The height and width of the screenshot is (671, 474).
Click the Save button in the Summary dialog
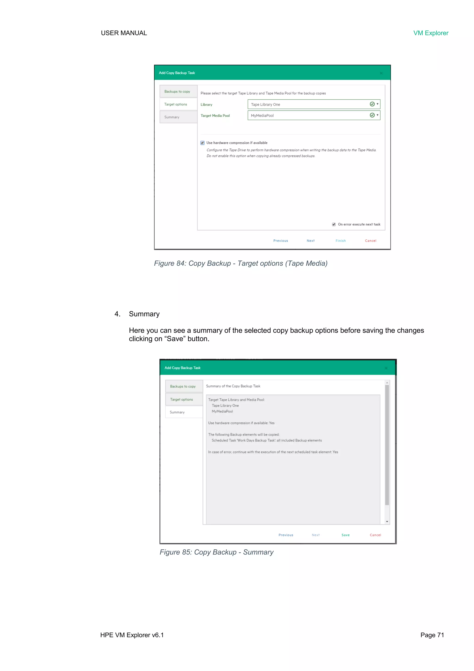point(345,535)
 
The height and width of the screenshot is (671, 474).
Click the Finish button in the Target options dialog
point(340,241)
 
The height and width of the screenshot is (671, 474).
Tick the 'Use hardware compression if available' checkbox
point(203,143)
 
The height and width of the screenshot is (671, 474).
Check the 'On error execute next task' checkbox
point(334,224)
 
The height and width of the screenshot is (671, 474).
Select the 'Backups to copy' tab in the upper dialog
point(177,92)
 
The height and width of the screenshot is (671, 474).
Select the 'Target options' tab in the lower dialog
point(181,400)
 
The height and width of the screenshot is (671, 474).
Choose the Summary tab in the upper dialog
point(172,117)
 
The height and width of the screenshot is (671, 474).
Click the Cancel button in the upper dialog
point(370,241)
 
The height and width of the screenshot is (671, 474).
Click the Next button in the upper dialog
point(311,241)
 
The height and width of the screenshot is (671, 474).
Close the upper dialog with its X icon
point(381,73)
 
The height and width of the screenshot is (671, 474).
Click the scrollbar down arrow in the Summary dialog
point(387,522)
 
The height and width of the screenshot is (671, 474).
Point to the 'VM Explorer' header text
point(430,33)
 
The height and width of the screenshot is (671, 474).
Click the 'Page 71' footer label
point(432,635)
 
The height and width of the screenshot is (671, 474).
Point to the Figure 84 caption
point(240,263)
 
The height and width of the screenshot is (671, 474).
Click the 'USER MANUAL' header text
point(124,33)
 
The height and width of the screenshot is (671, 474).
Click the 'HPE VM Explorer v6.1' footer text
point(132,635)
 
